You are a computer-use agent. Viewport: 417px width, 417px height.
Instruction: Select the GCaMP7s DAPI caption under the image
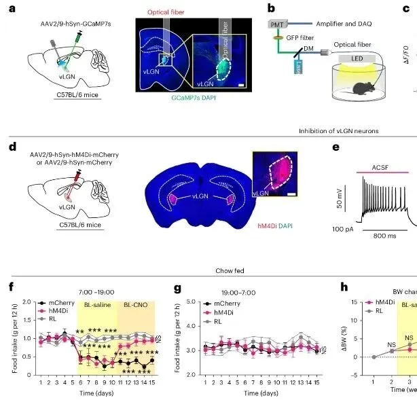[196, 116]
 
